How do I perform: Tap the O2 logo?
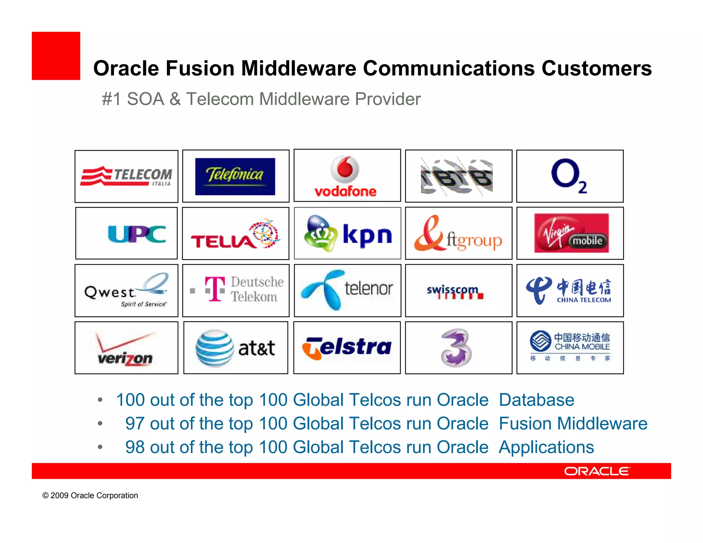[569, 176]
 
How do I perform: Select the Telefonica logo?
[235, 176]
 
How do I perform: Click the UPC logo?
[137, 234]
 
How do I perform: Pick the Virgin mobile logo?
[571, 233]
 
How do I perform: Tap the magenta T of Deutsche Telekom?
[215, 289]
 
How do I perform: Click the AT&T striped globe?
[215, 348]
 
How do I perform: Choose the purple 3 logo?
[456, 348]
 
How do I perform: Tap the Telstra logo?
[347, 347]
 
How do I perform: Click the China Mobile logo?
[570, 346]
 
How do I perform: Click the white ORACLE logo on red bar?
[597, 471]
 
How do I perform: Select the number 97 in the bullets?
[135, 423]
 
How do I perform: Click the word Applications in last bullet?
[546, 447]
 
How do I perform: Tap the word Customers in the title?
[596, 68]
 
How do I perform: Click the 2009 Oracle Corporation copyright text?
[90, 495]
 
